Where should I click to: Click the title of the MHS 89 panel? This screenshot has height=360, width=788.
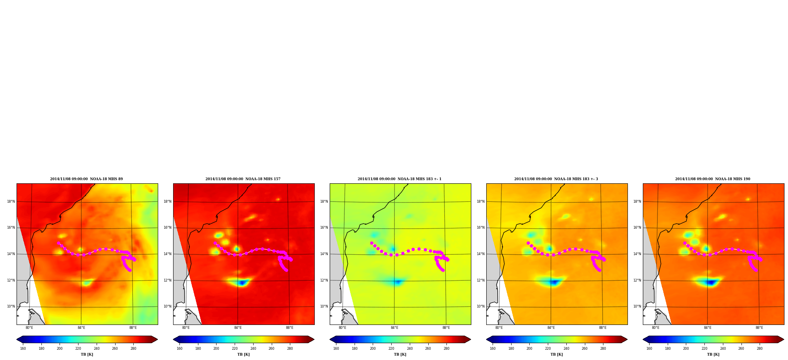(x=86, y=179)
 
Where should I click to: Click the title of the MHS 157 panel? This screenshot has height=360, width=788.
(x=243, y=179)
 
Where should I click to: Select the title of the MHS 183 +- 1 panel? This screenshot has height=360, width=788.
(x=400, y=179)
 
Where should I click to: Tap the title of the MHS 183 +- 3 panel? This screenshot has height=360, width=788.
(x=556, y=179)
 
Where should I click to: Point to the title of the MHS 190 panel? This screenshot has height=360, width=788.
(x=713, y=179)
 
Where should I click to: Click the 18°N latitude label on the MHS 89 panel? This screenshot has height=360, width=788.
(x=11, y=201)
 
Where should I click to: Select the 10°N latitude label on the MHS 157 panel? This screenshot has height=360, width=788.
(x=168, y=306)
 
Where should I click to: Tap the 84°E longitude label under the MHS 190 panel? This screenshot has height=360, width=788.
(x=708, y=328)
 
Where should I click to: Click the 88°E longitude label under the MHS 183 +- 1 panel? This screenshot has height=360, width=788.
(x=446, y=328)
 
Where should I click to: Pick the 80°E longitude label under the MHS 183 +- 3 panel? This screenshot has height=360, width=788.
(x=499, y=328)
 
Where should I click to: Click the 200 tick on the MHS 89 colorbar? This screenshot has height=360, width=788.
(x=60, y=349)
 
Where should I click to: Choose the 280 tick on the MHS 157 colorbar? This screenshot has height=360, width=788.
(x=290, y=349)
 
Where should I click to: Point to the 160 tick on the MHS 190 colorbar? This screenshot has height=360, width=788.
(x=649, y=349)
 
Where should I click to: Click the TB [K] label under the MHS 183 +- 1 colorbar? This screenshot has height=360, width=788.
(x=400, y=354)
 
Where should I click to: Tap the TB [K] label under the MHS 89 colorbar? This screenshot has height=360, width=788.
(x=87, y=354)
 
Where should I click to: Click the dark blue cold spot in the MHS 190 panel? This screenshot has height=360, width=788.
(x=711, y=282)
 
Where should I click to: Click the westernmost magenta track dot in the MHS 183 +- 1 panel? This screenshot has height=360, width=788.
(x=372, y=243)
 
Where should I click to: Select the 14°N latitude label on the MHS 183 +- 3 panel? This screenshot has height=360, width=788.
(x=481, y=254)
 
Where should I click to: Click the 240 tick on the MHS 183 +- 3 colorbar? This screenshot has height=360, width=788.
(x=566, y=349)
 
